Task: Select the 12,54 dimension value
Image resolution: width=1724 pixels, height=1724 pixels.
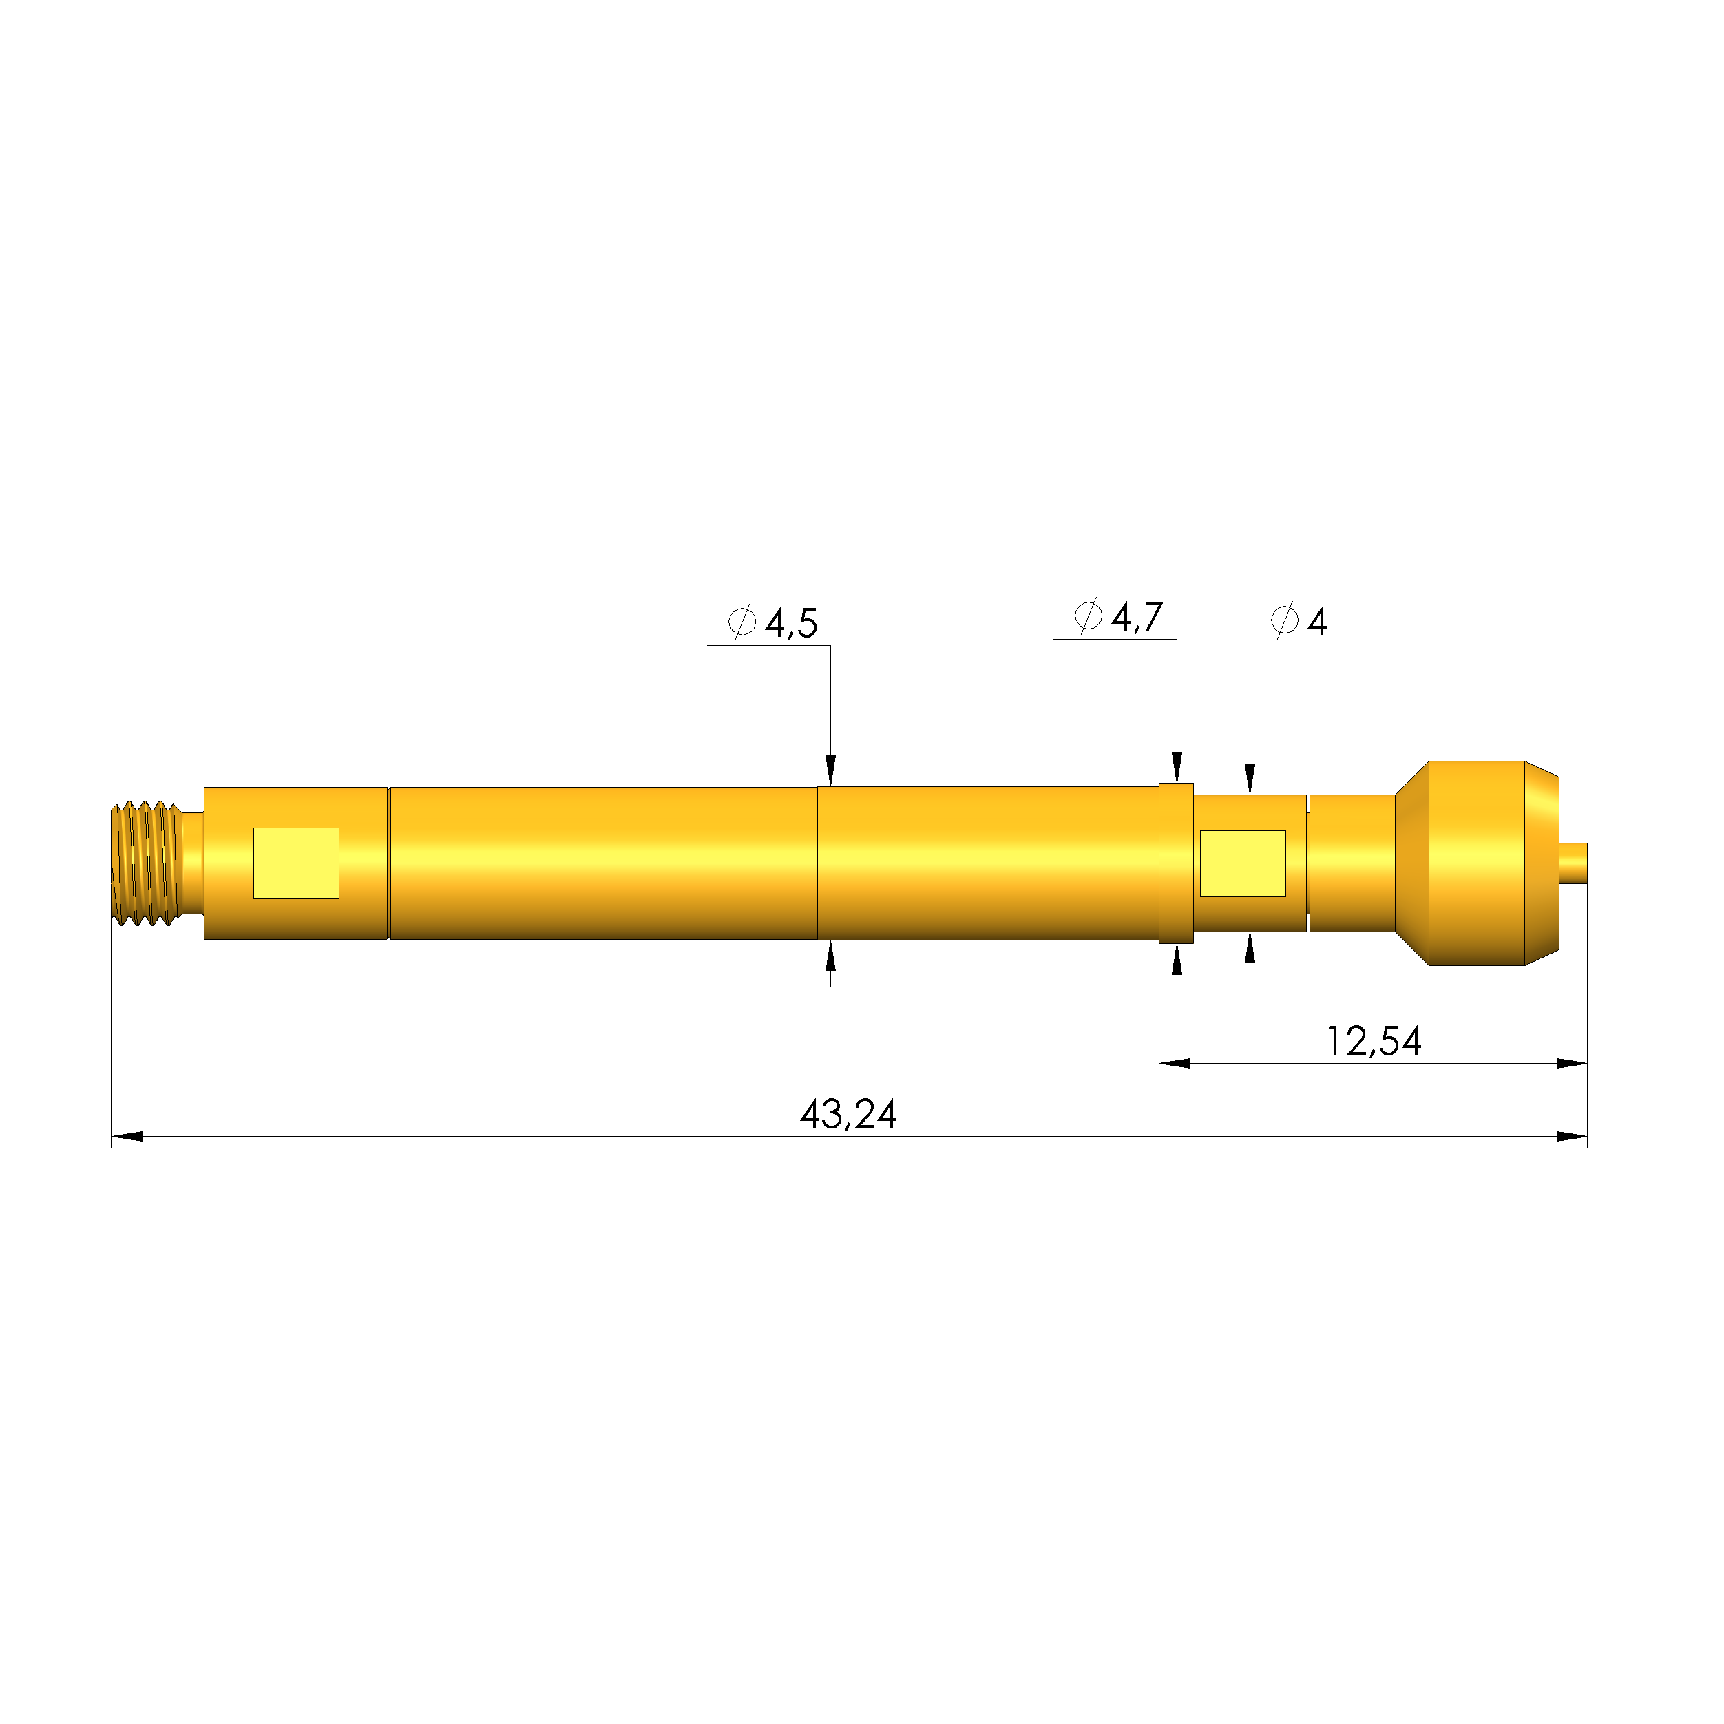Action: (1374, 1042)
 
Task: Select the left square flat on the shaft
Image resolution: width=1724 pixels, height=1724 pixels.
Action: (296, 863)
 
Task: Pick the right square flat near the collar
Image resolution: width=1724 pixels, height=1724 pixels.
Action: (1243, 863)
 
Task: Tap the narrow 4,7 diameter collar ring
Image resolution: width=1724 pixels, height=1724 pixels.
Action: (1176, 863)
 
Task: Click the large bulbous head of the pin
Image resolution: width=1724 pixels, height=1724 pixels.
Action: (1477, 863)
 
